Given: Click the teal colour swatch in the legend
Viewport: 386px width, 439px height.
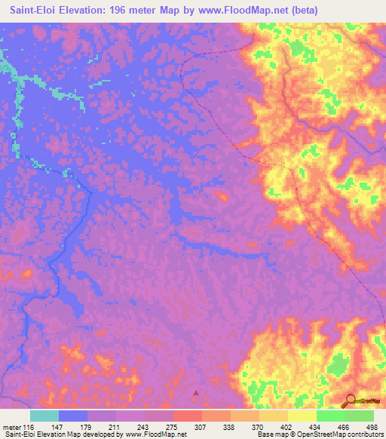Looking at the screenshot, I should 44,416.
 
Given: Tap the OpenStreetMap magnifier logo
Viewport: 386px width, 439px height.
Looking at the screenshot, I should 351,400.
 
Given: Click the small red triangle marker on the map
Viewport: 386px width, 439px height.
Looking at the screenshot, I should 198,392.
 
